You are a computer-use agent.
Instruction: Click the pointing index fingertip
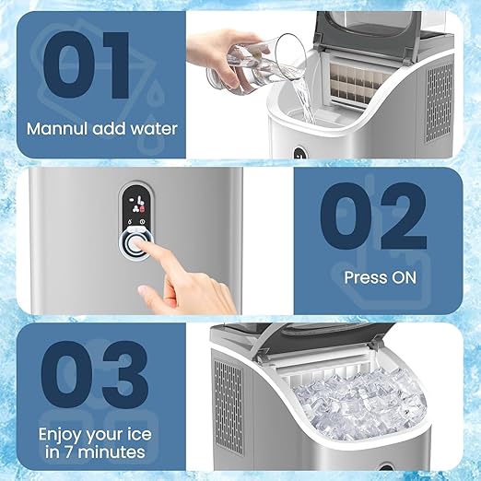click(x=144, y=246)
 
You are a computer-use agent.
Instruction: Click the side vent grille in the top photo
click(x=439, y=101)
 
